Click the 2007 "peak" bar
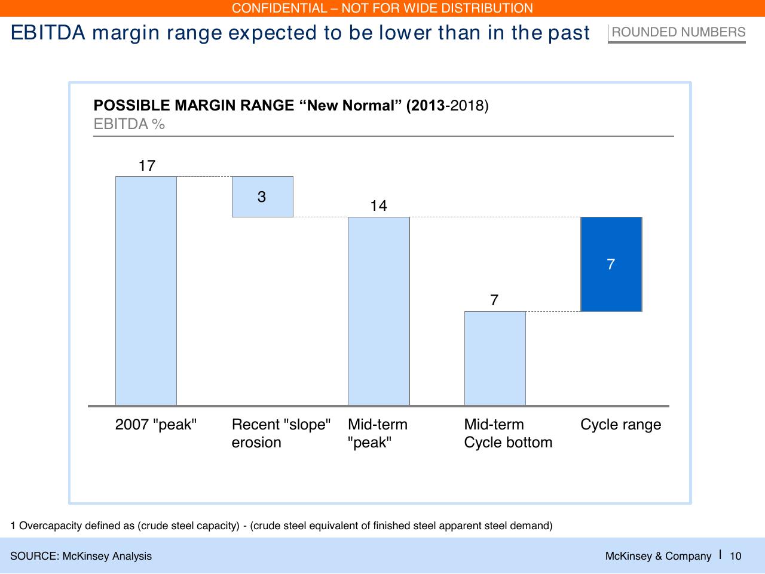click(x=146, y=291)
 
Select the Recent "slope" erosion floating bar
click(x=262, y=197)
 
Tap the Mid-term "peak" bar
click(x=378, y=311)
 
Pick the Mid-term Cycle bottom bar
click(x=495, y=358)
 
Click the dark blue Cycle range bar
click(x=611, y=264)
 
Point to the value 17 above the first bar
click(x=147, y=166)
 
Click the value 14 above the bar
click(x=378, y=206)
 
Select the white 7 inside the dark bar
click(x=611, y=265)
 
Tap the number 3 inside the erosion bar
click(x=262, y=197)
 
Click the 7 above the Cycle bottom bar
click(x=494, y=300)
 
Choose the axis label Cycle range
click(x=621, y=425)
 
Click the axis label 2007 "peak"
click(x=156, y=424)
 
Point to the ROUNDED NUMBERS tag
click(x=678, y=32)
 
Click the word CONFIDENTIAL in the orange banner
click(x=279, y=8)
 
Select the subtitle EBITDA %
click(x=129, y=124)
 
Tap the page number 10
click(x=735, y=556)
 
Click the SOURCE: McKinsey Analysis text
click(x=81, y=556)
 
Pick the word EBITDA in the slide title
click(x=48, y=33)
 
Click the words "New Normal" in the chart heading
click(x=351, y=105)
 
